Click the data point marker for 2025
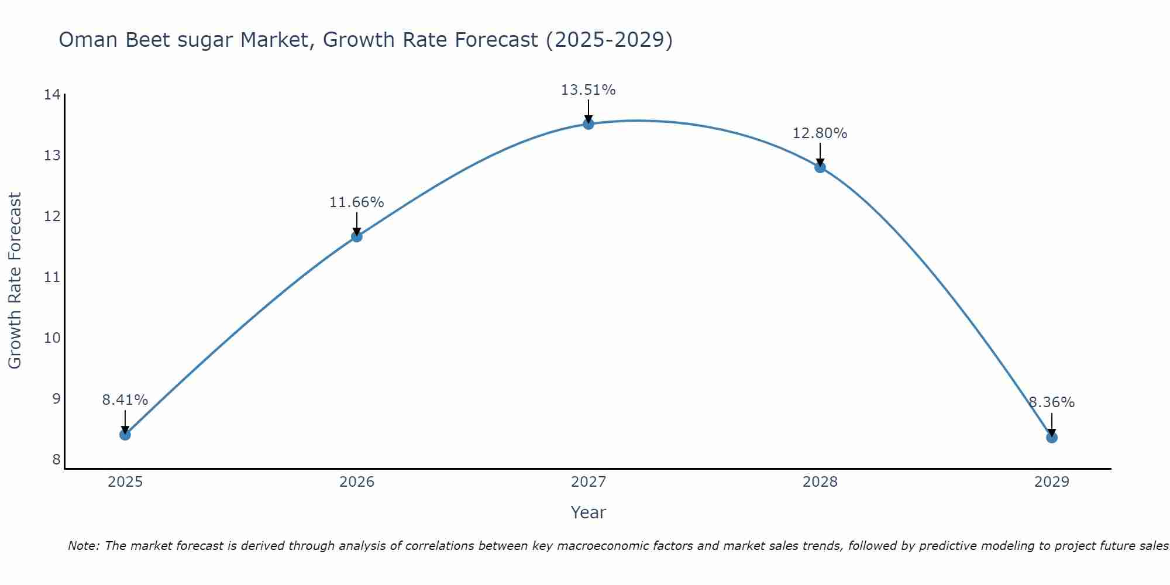[125, 435]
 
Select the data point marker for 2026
[357, 236]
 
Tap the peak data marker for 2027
[589, 124]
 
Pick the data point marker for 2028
[820, 167]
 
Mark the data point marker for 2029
[1052, 438]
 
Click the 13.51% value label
[588, 90]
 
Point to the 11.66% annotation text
[356, 202]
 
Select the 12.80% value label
[820, 133]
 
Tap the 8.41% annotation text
[125, 400]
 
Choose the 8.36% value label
[1051, 402]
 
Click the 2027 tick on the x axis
[589, 482]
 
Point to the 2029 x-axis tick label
[1051, 482]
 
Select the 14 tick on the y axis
[52, 95]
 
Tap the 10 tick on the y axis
[52, 338]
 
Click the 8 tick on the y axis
[56, 460]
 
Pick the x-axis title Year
[588, 512]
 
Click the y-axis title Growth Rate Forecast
[15, 281]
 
